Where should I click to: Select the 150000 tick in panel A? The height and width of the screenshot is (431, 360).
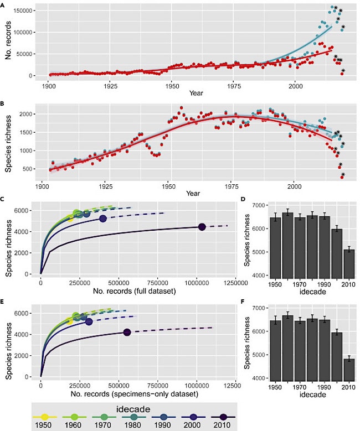point(18,11)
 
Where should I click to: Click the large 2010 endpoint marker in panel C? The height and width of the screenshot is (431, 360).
point(202,227)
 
